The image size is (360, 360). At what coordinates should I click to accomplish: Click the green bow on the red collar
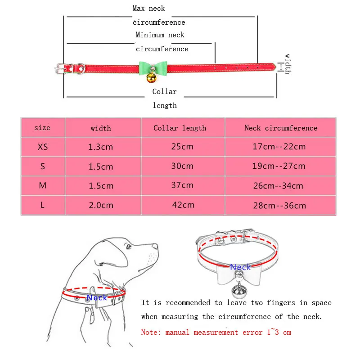click(153, 68)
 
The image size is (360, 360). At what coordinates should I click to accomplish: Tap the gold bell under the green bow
click(152, 78)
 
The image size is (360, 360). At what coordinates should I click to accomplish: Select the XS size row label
click(43, 147)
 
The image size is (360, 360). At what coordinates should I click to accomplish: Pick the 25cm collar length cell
click(182, 147)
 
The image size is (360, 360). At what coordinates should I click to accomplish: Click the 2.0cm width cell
click(101, 205)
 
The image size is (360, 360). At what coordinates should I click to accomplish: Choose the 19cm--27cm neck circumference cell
click(279, 166)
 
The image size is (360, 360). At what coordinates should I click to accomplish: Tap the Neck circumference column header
click(281, 128)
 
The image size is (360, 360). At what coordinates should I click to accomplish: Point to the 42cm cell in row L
click(183, 205)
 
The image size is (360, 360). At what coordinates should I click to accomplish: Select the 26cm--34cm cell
click(278, 186)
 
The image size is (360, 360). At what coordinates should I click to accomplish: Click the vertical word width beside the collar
click(288, 64)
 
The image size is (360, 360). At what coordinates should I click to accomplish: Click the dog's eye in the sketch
click(129, 247)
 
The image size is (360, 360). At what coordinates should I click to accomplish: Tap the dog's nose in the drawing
click(156, 246)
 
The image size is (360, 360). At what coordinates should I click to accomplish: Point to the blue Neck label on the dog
click(97, 297)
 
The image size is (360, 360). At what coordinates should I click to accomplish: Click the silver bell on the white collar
click(239, 291)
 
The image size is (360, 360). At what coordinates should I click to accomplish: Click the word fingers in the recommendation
click(281, 303)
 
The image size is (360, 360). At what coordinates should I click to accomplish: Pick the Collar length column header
click(180, 128)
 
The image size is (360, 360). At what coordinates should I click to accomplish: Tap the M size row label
click(43, 185)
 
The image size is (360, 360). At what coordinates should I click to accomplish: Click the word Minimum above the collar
click(150, 35)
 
